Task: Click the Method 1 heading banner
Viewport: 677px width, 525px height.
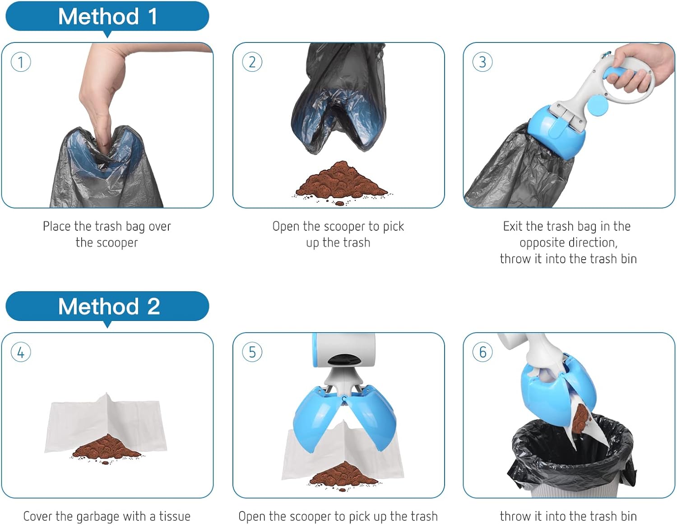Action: (x=107, y=17)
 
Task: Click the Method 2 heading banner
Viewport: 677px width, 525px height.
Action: (x=107, y=307)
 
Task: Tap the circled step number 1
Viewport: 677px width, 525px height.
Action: (x=21, y=62)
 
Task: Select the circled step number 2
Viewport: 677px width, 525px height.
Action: (x=252, y=62)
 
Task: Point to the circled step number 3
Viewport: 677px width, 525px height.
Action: (x=482, y=62)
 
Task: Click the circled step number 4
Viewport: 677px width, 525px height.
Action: (x=21, y=352)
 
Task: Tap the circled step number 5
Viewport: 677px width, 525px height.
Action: (x=252, y=352)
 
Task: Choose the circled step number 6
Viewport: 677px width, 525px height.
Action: (x=482, y=352)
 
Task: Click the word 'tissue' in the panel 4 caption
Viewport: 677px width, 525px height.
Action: (x=174, y=516)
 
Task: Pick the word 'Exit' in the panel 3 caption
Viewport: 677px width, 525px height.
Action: (x=513, y=226)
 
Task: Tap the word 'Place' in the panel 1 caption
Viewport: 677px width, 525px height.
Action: (x=57, y=226)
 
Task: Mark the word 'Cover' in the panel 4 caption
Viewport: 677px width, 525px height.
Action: (x=37, y=516)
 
